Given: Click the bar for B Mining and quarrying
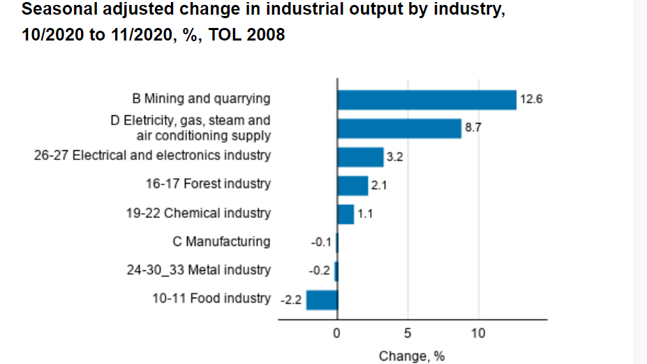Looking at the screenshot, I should click(426, 100).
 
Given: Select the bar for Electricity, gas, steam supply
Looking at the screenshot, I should click(399, 129).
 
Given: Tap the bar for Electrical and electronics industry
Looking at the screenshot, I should click(360, 157).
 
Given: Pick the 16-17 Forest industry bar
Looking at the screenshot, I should click(352, 186).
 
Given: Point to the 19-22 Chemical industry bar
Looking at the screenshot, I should click(345, 214).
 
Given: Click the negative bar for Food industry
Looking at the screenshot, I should click(322, 300).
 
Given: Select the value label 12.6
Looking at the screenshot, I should click(531, 100).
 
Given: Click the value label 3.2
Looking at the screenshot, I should click(395, 157).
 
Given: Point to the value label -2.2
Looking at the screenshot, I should click(290, 300).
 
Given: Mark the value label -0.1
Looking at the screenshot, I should click(320, 242).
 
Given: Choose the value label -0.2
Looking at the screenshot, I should click(320, 271).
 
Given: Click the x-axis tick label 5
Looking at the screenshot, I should click(408, 334).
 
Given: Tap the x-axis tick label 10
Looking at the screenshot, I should click(478, 334).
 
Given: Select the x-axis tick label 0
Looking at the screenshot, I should click(336, 334).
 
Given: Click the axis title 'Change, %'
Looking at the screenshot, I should click(412, 356).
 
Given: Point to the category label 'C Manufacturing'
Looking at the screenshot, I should click(221, 242).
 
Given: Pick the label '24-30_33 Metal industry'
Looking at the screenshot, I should click(199, 270).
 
